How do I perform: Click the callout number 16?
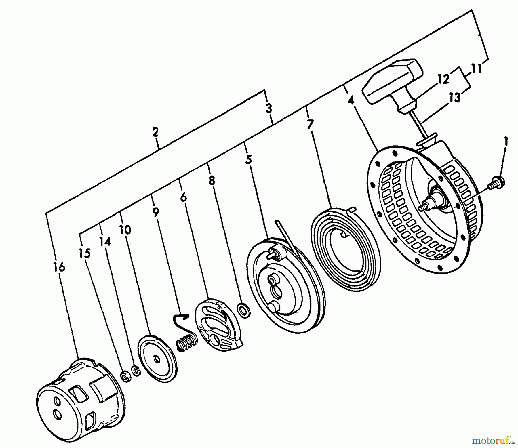coord(59,268)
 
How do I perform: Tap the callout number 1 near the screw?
coord(506,142)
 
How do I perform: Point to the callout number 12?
coord(443,79)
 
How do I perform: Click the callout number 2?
coord(155,133)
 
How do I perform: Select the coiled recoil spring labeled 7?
coord(345,245)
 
